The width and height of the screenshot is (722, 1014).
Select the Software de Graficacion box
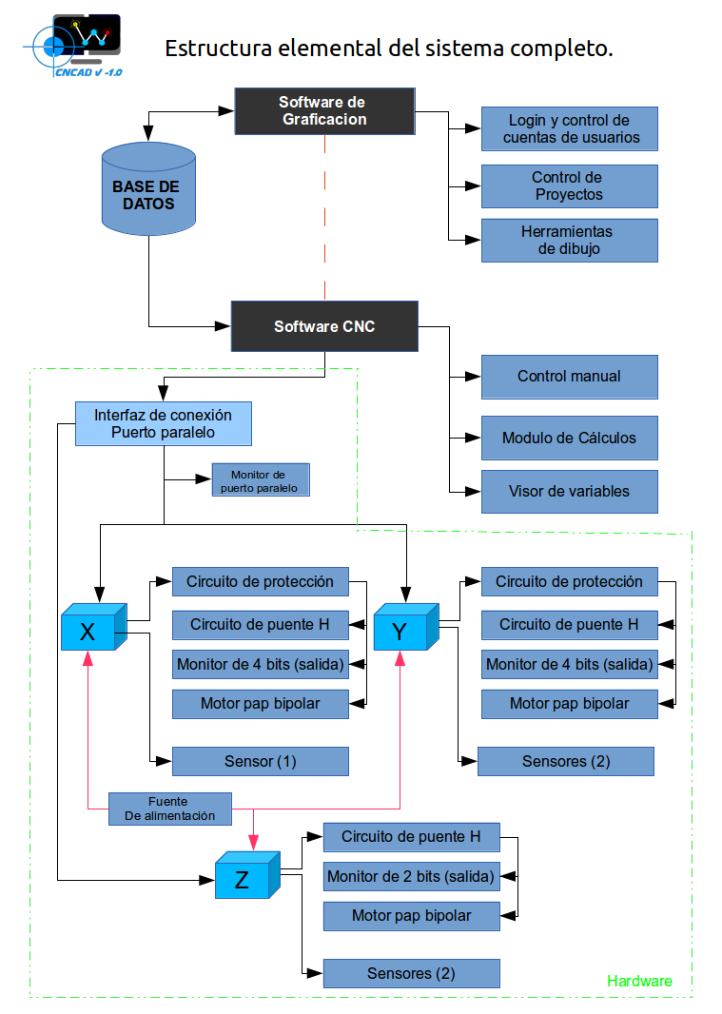pyautogui.click(x=323, y=111)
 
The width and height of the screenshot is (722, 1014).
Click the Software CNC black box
pyautogui.click(x=323, y=326)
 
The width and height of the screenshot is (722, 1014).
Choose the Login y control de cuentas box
pyautogui.click(x=569, y=129)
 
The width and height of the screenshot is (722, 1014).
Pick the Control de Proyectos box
pyautogui.click(x=569, y=186)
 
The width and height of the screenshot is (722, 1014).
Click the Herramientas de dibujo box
pyautogui.click(x=569, y=241)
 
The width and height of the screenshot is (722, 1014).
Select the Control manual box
pyautogui.click(x=569, y=377)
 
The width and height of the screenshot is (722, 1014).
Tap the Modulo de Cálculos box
pyautogui.click(x=569, y=439)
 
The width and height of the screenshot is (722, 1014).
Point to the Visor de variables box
pyautogui.click(x=569, y=492)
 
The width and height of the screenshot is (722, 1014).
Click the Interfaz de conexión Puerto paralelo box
pyautogui.click(x=164, y=423)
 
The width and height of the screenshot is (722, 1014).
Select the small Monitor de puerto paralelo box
pyautogui.click(x=259, y=480)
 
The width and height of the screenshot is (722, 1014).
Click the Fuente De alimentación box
pyautogui.click(x=168, y=809)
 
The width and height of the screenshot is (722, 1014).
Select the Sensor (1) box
pyautogui.click(x=260, y=761)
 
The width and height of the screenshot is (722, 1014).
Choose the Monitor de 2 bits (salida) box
pyautogui.click(x=411, y=876)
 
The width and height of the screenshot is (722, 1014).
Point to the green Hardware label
pyautogui.click(x=639, y=981)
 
